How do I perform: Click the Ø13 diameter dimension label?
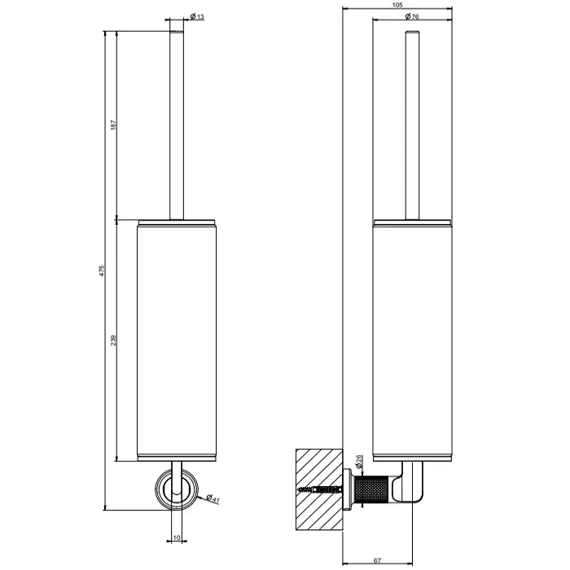coord(197,16)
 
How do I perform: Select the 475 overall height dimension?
coord(102,271)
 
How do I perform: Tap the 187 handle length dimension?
coord(113,125)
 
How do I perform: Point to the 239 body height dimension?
coord(113,340)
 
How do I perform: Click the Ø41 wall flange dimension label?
coord(213,498)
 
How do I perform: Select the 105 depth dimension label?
coord(397,5)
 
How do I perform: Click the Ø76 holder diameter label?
coord(411,16)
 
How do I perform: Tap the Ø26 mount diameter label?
coord(358,460)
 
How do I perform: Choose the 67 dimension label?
coord(377,561)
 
